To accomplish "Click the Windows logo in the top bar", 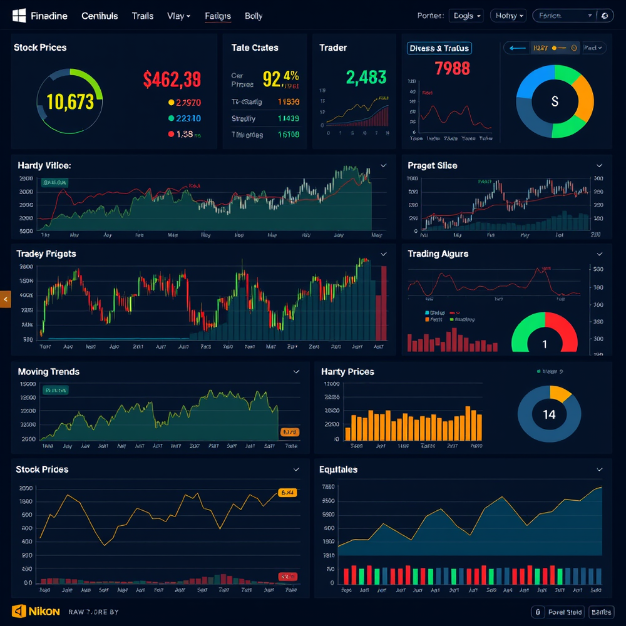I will [19, 16].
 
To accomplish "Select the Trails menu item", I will [143, 16].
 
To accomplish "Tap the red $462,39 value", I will [172, 80].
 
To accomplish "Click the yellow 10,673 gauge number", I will [70, 101].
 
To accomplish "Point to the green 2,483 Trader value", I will [366, 77].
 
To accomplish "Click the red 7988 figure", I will [452, 68].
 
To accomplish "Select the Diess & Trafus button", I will [439, 48].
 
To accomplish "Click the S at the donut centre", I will [554, 101].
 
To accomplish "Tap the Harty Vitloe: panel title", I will [44, 166].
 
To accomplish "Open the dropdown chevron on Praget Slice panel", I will [599, 166].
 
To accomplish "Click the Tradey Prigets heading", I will [47, 254].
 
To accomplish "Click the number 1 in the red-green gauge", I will [544, 344].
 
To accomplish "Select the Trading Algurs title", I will [438, 254].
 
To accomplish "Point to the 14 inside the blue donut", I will [549, 414].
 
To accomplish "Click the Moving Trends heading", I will [49, 372].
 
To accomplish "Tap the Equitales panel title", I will [338, 469].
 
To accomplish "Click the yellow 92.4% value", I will [280, 78].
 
